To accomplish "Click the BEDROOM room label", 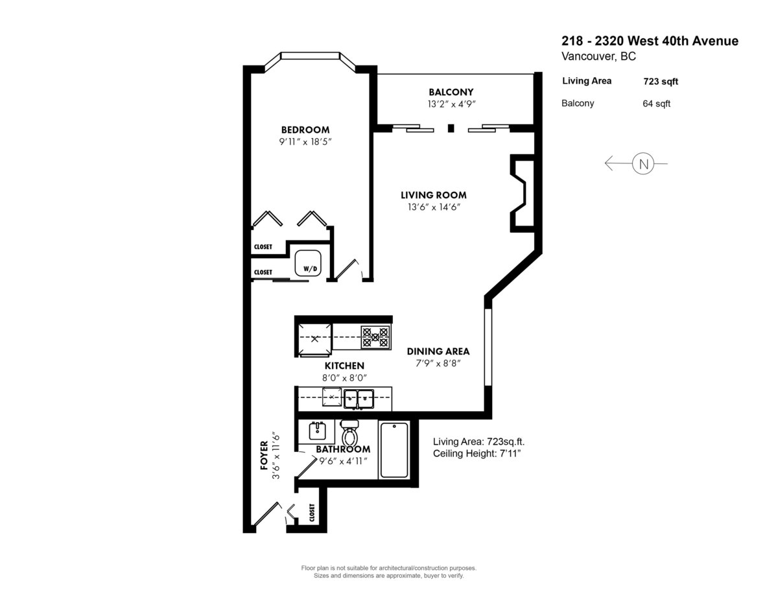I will click(x=305, y=129).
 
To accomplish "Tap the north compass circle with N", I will click(x=642, y=163).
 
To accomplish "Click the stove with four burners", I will click(x=375, y=337).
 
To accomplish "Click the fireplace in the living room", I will click(x=522, y=193).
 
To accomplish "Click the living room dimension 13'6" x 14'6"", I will click(x=433, y=207).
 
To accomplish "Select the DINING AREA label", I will click(x=438, y=351).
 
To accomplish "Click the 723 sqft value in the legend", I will click(x=661, y=82).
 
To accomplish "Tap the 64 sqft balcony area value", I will click(x=656, y=104).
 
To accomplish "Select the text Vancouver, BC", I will click(x=598, y=56).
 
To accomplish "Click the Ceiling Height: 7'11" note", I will click(x=477, y=453).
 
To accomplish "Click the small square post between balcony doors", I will click(x=451, y=128).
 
